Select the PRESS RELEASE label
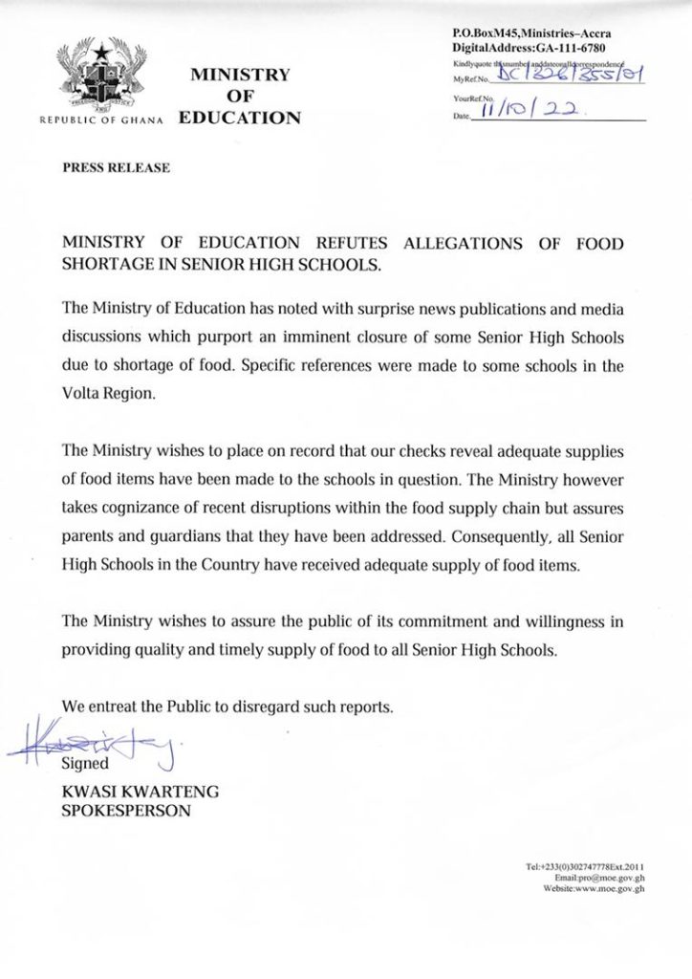click(x=116, y=168)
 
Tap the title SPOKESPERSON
click(x=125, y=811)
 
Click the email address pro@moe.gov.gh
click(x=612, y=877)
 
